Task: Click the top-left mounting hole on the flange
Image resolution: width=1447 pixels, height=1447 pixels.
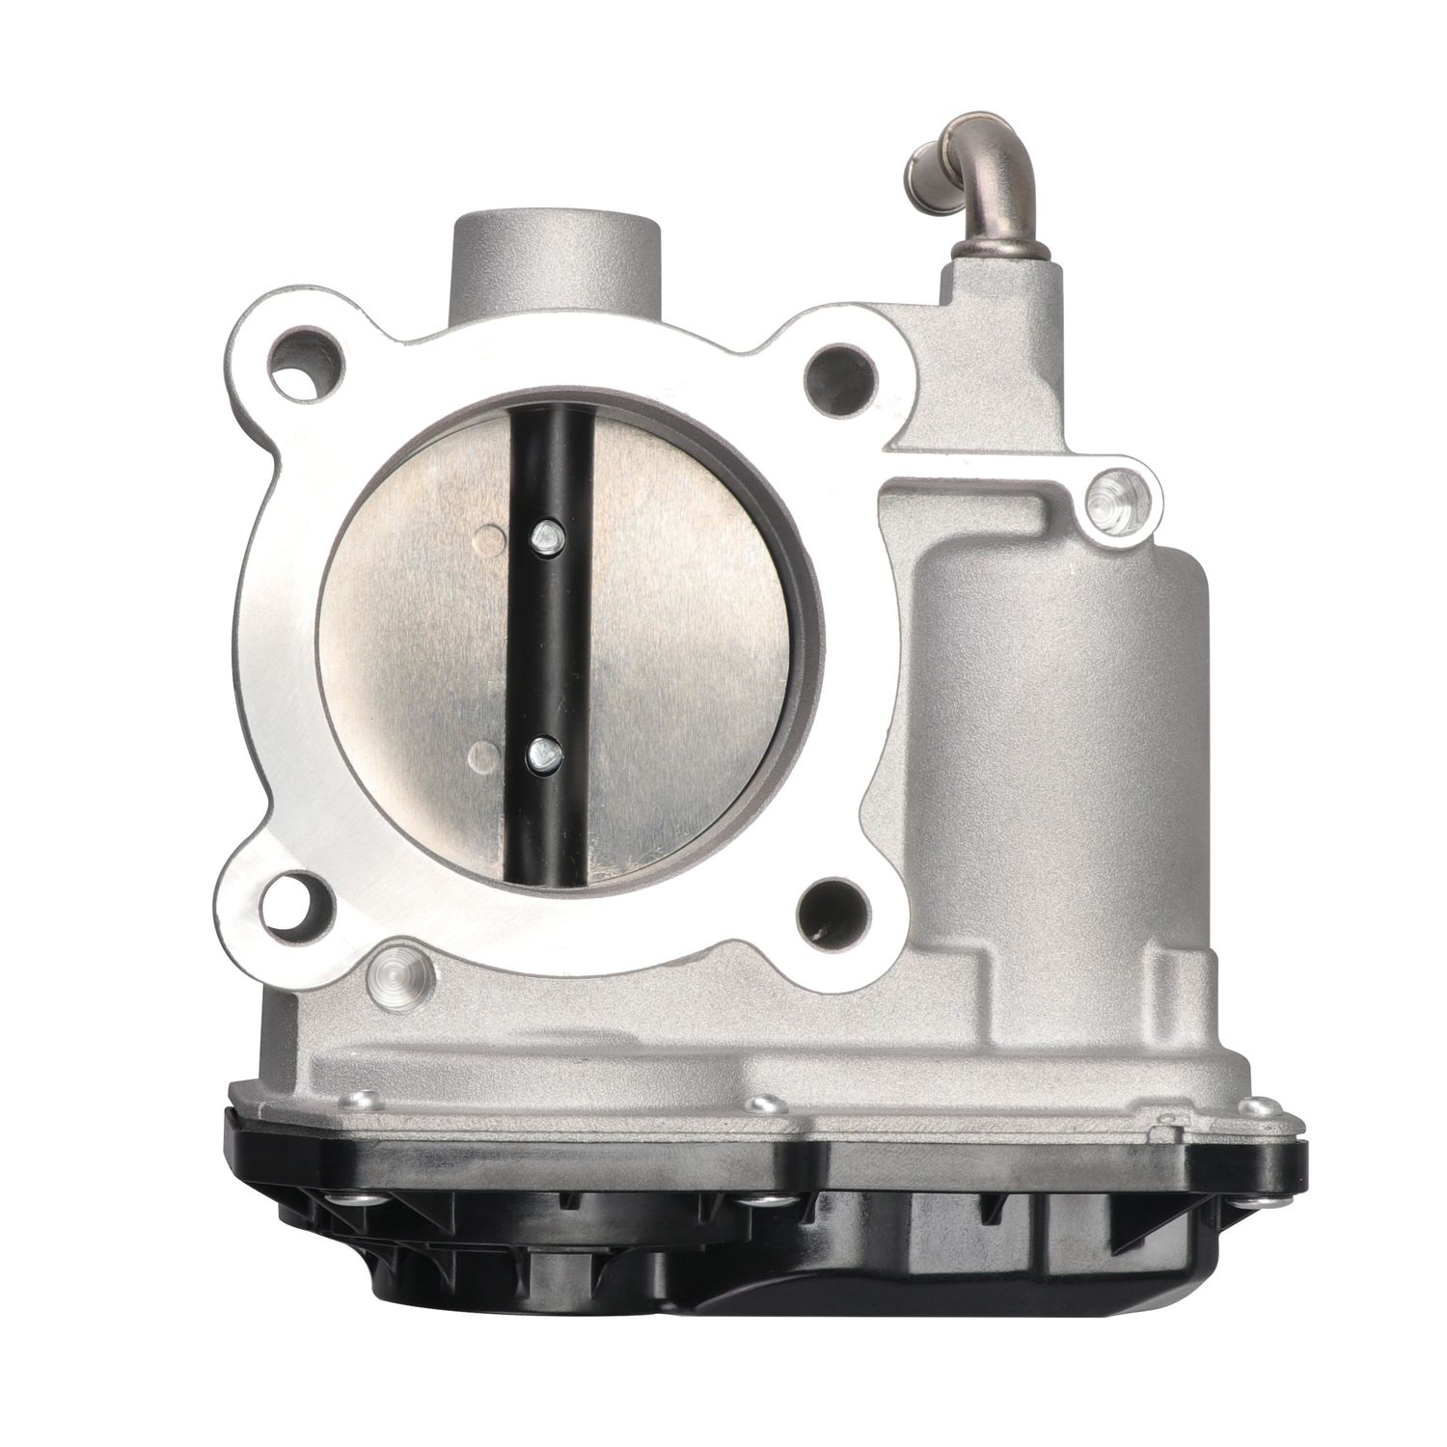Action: (x=307, y=371)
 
